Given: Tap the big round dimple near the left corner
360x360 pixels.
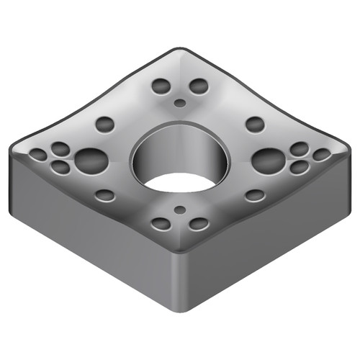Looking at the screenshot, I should (x=90, y=160).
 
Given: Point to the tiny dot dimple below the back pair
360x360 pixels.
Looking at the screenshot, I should (x=179, y=103).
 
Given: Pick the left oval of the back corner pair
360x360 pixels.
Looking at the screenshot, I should (x=161, y=87).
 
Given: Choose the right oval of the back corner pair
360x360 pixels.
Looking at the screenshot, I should (x=198, y=87).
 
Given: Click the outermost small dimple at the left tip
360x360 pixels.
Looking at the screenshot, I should (x=37, y=155).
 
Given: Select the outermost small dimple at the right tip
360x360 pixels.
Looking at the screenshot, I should (x=321, y=155).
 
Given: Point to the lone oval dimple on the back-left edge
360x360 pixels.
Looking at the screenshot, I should (x=105, y=123).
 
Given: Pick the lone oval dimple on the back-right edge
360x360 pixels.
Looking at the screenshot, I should (x=254, y=123).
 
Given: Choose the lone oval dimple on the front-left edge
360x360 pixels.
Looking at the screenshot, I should (x=105, y=195).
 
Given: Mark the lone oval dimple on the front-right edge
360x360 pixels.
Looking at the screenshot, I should (x=254, y=195).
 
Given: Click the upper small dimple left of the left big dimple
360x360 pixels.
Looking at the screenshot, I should (x=60, y=149).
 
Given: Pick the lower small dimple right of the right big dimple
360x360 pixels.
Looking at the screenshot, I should (x=299, y=167).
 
